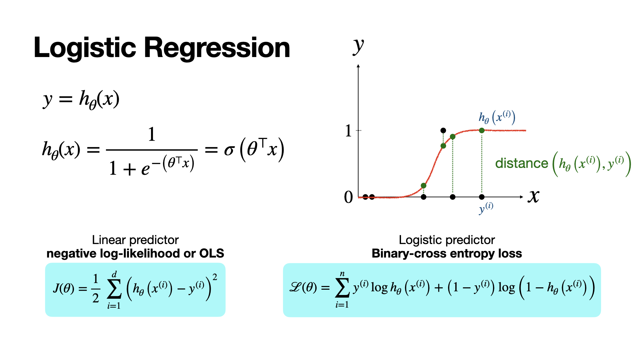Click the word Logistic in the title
click(85, 48)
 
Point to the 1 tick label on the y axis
click(348, 131)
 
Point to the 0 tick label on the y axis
click(348, 197)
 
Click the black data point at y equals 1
click(443, 130)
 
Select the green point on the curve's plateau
click(482, 130)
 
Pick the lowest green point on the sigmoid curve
click(423, 186)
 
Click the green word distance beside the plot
click(522, 163)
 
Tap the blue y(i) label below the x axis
click(486, 208)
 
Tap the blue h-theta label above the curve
click(497, 117)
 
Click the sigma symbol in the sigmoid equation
click(229, 150)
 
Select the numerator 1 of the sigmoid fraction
click(152, 134)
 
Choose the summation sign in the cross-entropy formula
click(342, 288)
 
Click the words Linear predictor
click(135, 240)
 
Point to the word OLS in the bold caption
click(212, 254)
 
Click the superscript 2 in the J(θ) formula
click(215, 277)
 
